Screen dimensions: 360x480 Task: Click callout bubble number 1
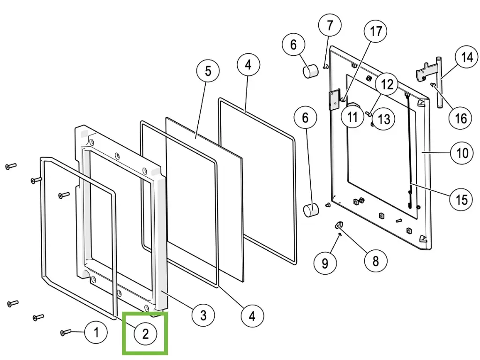point(96,333)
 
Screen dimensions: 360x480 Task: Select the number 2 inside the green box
point(145,334)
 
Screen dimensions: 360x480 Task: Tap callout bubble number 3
point(203,315)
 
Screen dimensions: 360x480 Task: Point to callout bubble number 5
point(208,71)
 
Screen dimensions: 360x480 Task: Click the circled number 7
point(330,25)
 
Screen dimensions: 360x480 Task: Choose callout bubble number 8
point(375,260)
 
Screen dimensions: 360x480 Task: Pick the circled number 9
point(325,263)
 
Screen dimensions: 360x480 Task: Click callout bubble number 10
point(462,153)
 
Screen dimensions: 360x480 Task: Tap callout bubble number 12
point(387,84)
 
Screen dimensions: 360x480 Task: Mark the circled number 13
point(383,119)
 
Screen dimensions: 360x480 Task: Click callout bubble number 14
point(467,58)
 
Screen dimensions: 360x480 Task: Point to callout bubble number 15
point(461,199)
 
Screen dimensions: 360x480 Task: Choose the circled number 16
point(461,118)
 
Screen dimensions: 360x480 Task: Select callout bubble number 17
point(376,32)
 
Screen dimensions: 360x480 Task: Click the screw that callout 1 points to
point(65,332)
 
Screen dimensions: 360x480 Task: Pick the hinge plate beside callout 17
point(334,100)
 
